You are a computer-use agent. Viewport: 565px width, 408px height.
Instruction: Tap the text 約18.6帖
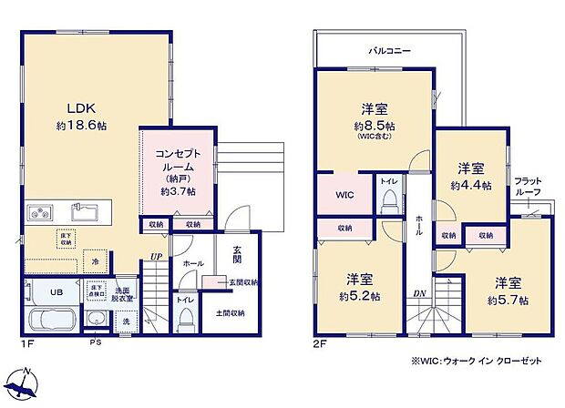click(80, 125)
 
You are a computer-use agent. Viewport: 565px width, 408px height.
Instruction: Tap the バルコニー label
click(388, 51)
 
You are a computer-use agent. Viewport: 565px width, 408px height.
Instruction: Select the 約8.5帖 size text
click(375, 126)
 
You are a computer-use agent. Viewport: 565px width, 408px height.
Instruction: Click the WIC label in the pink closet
click(344, 193)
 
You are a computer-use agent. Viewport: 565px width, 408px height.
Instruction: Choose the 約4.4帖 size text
click(469, 185)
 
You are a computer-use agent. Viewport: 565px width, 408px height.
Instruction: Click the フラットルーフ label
click(529, 187)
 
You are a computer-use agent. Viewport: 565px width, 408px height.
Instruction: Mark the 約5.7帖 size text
click(508, 300)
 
